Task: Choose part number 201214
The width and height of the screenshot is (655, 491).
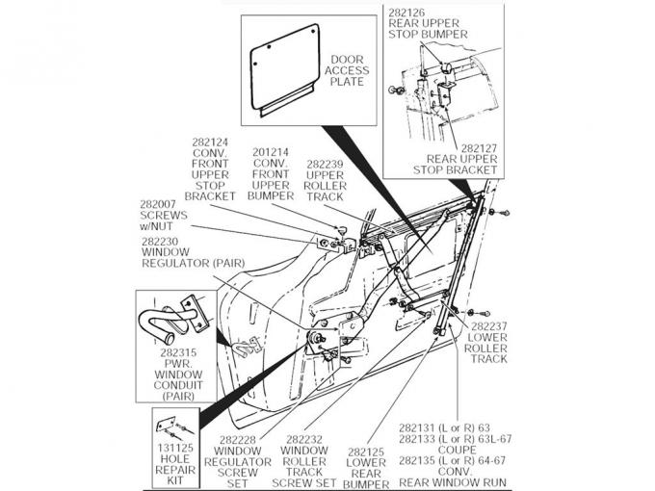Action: pos(269,152)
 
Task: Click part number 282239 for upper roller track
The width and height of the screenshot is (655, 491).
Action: pos(325,164)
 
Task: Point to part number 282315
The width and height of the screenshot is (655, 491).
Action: pos(179,352)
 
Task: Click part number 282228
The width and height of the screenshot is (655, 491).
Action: pos(238,439)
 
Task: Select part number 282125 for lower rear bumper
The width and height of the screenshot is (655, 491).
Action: pos(366,451)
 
